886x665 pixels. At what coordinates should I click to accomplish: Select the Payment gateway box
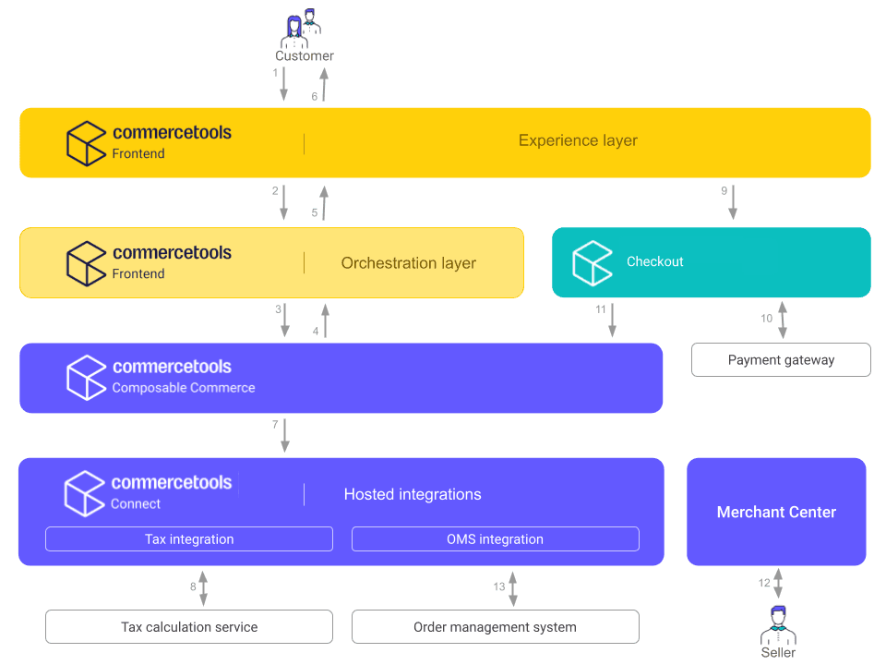tap(781, 360)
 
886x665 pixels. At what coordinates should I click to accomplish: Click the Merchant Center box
tap(776, 512)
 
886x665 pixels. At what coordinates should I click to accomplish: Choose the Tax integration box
tap(189, 539)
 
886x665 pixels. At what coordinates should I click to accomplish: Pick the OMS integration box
tap(495, 539)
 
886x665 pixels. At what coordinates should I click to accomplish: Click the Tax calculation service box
tap(189, 627)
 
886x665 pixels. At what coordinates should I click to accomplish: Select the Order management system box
tap(495, 627)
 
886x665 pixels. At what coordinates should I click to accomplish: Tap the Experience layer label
tap(578, 141)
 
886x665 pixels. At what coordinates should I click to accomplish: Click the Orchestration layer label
tap(408, 263)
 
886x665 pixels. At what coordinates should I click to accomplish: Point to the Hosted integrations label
tap(413, 495)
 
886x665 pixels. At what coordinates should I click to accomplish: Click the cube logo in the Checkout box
tap(593, 262)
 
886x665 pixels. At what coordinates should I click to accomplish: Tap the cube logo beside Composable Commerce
tap(87, 377)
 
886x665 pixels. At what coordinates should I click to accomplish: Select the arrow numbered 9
tap(733, 202)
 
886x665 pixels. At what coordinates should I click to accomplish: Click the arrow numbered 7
tap(285, 435)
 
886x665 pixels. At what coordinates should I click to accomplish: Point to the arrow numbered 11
tap(613, 320)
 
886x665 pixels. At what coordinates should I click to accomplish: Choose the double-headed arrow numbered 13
tap(513, 588)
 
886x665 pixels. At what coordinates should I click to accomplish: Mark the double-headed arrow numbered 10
tap(783, 320)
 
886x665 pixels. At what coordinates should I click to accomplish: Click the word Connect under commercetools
tap(136, 504)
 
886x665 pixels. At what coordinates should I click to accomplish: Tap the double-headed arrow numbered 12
tap(778, 584)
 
